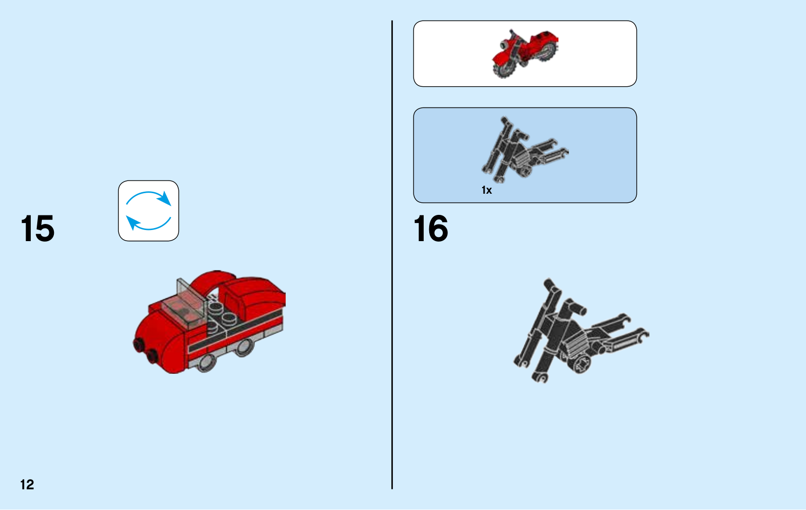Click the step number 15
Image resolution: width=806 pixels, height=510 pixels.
pyautogui.click(x=38, y=228)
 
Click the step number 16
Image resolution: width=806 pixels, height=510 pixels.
pyautogui.click(x=431, y=228)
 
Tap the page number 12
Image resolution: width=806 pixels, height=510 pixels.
pyautogui.click(x=27, y=484)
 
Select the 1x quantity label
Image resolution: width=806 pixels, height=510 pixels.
pyautogui.click(x=487, y=190)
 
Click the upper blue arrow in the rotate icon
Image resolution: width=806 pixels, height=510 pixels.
pyautogui.click(x=148, y=194)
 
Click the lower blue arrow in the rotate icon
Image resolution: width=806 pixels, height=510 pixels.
pyautogui.click(x=148, y=226)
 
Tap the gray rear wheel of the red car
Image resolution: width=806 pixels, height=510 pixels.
pyautogui.click(x=244, y=347)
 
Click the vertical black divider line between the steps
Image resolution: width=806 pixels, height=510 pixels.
pyautogui.click(x=392, y=255)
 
